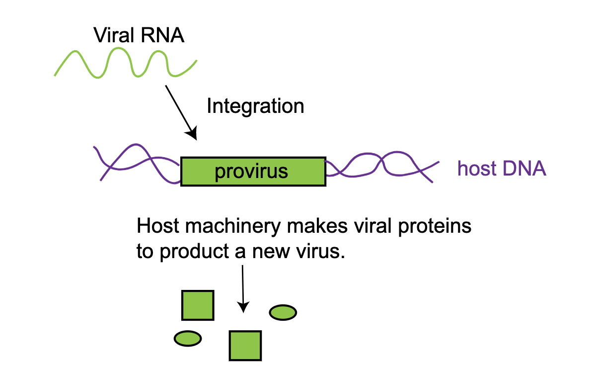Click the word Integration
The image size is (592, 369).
point(255,106)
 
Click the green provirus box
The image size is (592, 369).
point(253,172)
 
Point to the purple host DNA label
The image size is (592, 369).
point(502,169)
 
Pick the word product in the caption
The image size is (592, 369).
point(192,252)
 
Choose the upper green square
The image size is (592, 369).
point(198,305)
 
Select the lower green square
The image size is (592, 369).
point(245,346)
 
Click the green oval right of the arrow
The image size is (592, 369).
point(283,312)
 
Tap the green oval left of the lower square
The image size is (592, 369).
point(188,339)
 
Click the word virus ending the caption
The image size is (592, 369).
point(318,252)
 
